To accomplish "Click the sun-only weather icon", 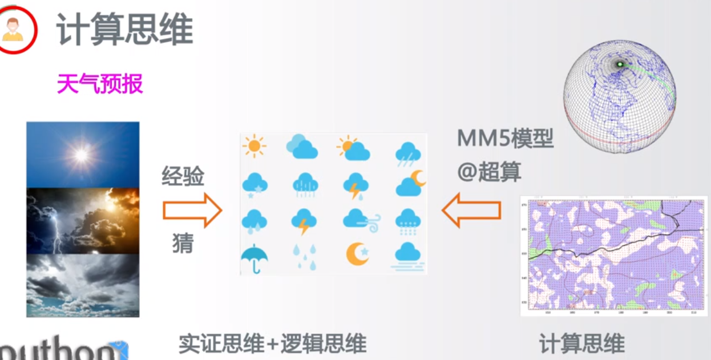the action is [254, 147].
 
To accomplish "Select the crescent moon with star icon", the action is [357, 254].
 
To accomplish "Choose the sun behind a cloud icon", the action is [354, 148].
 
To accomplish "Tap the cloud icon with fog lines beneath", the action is [407, 255].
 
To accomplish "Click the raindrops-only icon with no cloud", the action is [304, 257].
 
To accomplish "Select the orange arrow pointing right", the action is [192, 211].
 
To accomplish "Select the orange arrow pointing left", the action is [471, 211].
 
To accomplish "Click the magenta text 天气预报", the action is [100, 84].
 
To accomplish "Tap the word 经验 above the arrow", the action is [183, 177].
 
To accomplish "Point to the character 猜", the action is [183, 244].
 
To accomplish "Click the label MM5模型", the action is [506, 139].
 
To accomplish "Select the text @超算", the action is [489, 171].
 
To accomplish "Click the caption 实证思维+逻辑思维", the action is [272, 344].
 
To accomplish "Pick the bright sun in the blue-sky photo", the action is [82, 154].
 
